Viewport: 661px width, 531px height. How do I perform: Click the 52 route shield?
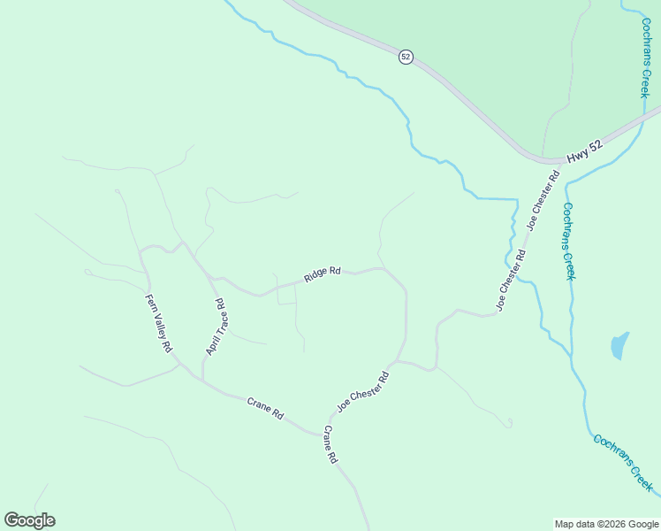click(x=406, y=57)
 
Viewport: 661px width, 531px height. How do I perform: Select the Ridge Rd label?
click(x=323, y=274)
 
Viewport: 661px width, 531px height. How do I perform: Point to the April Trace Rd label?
click(x=217, y=327)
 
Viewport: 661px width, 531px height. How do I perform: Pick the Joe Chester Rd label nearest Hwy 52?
click(x=543, y=201)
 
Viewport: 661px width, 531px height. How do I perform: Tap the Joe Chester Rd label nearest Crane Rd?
click(x=362, y=392)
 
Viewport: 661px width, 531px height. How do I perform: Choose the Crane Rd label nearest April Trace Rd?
click(x=265, y=409)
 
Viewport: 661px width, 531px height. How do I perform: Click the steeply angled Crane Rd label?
click(x=330, y=445)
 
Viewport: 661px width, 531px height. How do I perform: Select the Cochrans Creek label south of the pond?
click(x=623, y=463)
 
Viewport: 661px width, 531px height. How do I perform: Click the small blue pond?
click(x=619, y=345)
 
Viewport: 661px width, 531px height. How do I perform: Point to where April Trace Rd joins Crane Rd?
click(x=202, y=382)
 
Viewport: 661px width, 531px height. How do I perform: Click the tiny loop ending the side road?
click(x=509, y=423)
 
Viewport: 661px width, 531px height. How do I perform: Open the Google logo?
click(x=29, y=520)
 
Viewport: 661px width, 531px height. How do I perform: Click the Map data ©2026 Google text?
click(x=606, y=524)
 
